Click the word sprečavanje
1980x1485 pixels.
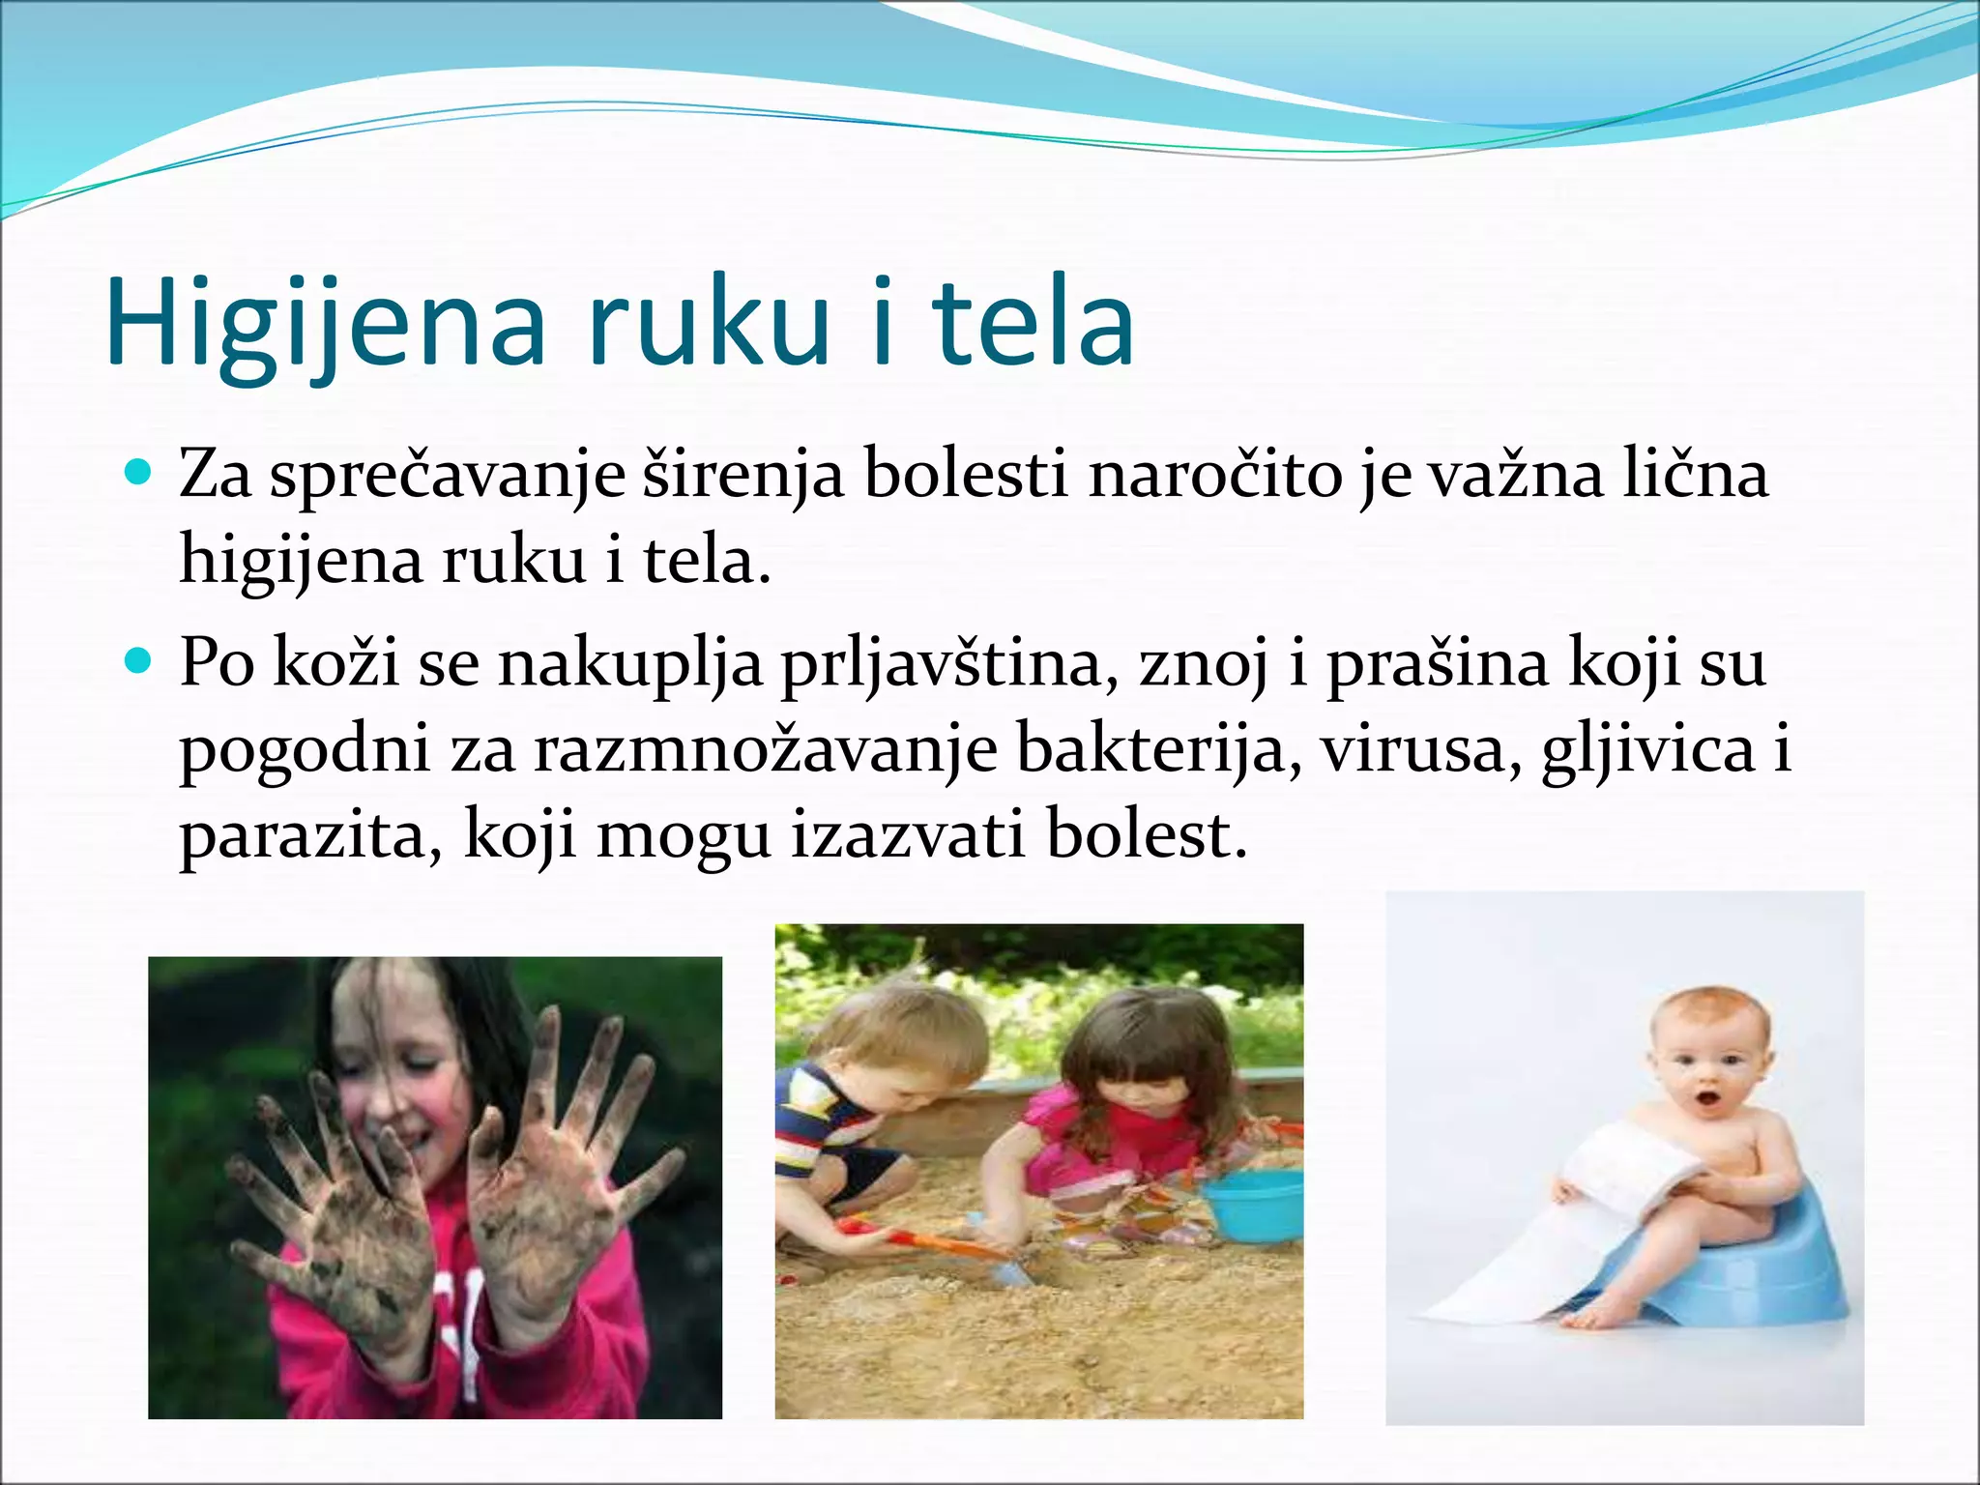447,478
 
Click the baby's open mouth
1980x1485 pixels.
1708,1099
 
